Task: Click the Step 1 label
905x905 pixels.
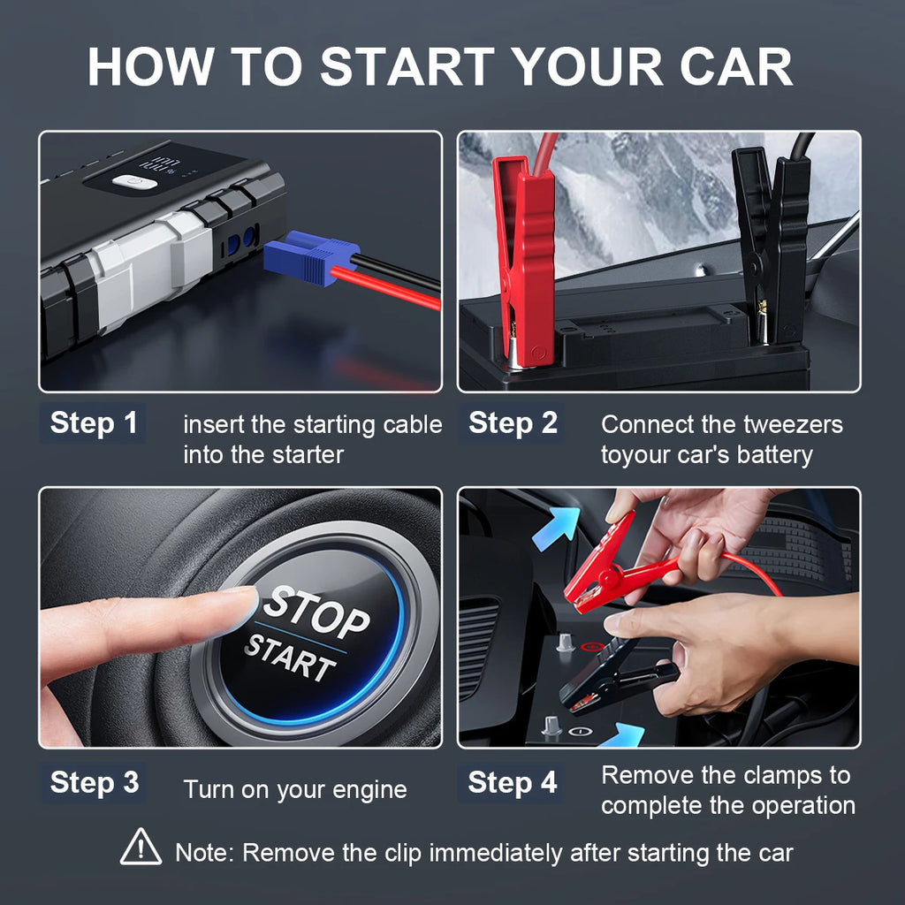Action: [x=94, y=423]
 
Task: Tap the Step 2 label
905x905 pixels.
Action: [x=513, y=423]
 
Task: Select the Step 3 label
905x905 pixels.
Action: [x=94, y=783]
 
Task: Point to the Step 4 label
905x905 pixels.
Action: [x=513, y=783]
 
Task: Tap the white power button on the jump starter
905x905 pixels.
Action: [x=134, y=183]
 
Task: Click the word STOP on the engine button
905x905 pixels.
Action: [x=316, y=612]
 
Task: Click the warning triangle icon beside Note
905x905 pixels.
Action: [x=141, y=848]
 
